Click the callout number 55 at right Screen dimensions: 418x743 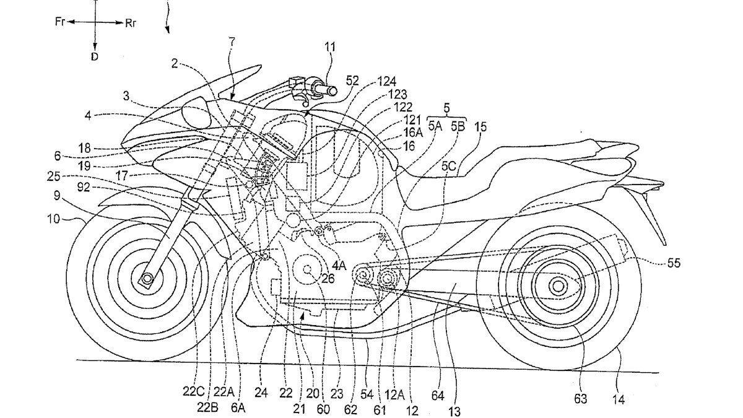click(x=673, y=263)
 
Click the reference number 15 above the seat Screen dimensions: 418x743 click(x=480, y=128)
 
